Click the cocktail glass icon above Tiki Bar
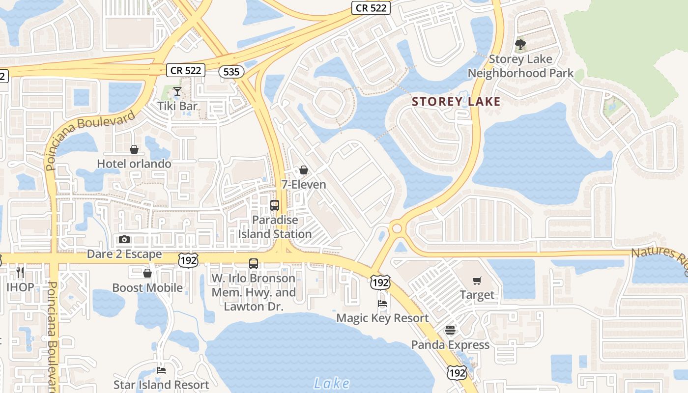coord(177,91)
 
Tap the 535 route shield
coord(231,72)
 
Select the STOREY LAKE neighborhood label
coord(456,102)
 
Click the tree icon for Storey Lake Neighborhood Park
coord(520,45)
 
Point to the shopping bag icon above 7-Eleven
coord(304,170)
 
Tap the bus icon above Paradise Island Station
coord(275,205)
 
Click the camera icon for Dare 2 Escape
coord(124,239)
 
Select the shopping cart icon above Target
coord(477,281)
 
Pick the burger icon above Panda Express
coord(450,330)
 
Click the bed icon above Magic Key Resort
coord(382,304)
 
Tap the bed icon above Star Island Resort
coord(161,370)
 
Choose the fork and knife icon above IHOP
coord(20,272)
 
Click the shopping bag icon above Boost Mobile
coord(147,273)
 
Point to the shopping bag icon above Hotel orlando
coord(134,149)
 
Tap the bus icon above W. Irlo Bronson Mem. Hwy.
coord(254,264)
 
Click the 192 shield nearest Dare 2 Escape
coord(188,260)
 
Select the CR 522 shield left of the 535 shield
coord(185,70)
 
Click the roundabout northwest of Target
coord(397,229)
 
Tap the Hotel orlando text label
coord(134,164)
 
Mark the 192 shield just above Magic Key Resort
coord(381,282)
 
